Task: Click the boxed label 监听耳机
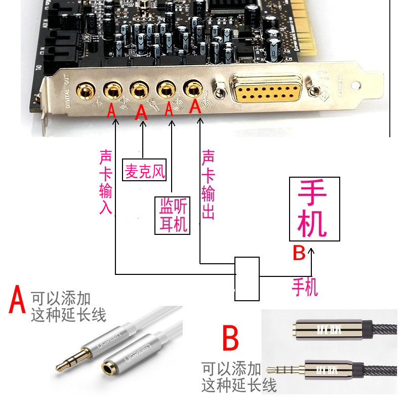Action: click(x=173, y=216)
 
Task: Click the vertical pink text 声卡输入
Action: click(x=106, y=181)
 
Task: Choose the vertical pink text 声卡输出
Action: click(x=208, y=185)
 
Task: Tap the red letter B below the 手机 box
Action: click(x=299, y=253)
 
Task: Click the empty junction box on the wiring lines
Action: click(x=247, y=276)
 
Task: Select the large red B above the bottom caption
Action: click(x=230, y=339)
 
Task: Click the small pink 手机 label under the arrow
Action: click(x=305, y=287)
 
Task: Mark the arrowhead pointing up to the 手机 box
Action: click(x=311, y=251)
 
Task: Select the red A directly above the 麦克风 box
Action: click(x=142, y=112)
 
